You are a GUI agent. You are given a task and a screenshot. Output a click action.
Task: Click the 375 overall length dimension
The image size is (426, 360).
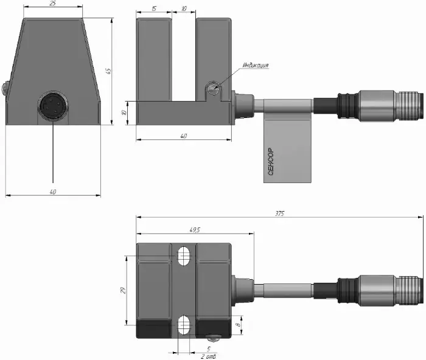coord(279,213)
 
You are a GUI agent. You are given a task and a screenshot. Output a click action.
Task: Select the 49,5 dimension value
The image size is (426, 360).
coord(195,230)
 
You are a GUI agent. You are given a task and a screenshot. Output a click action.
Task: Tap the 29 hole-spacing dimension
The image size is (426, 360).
coord(123,290)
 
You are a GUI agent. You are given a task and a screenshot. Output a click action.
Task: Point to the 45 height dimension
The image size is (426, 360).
coord(108,71)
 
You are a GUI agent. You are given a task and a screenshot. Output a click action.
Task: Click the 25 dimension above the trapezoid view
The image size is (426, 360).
coord(53,4)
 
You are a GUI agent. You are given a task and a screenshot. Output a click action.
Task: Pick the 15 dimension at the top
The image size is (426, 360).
coord(154,9)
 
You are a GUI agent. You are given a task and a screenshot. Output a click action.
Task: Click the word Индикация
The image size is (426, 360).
coord(256,65)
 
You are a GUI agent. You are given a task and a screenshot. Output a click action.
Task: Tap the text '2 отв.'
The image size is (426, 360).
coord(209,356)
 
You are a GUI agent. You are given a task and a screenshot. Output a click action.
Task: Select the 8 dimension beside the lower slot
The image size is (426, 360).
coord(239,325)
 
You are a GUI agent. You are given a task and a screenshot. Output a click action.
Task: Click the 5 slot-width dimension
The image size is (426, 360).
coord(209,349)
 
